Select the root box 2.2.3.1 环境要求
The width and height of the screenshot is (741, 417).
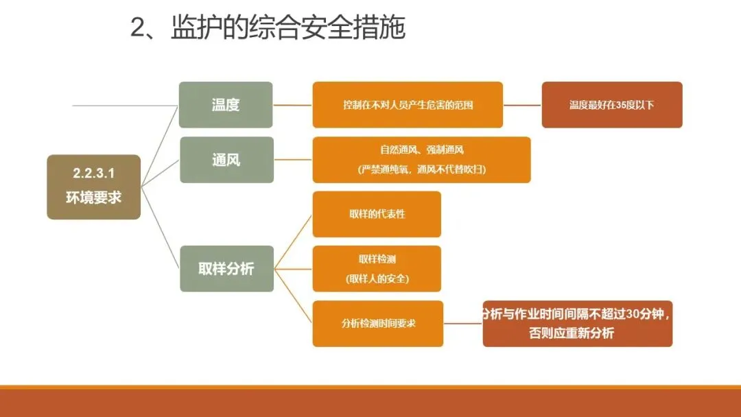(x=93, y=187)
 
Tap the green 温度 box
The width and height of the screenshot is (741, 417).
(x=226, y=105)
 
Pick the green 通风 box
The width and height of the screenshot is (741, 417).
(x=226, y=160)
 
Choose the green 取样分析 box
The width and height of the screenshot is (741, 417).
(x=226, y=269)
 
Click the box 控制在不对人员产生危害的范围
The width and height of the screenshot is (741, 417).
(x=408, y=105)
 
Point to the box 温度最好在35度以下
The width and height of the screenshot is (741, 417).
(x=611, y=105)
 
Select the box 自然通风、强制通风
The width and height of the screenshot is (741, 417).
(x=421, y=150)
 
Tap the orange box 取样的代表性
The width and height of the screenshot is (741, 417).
(x=377, y=214)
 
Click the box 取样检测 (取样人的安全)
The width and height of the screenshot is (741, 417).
(x=377, y=269)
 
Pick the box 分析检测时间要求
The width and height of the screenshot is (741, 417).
(x=378, y=323)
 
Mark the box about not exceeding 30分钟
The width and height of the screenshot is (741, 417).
(x=577, y=323)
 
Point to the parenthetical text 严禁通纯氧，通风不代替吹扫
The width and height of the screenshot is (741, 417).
(x=421, y=169)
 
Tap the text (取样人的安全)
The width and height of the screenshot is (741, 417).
(x=377, y=279)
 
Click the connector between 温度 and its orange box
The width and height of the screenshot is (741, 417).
(x=293, y=105)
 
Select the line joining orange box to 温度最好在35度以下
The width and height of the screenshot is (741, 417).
(x=522, y=105)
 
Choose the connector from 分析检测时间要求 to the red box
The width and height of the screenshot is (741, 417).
(x=463, y=323)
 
